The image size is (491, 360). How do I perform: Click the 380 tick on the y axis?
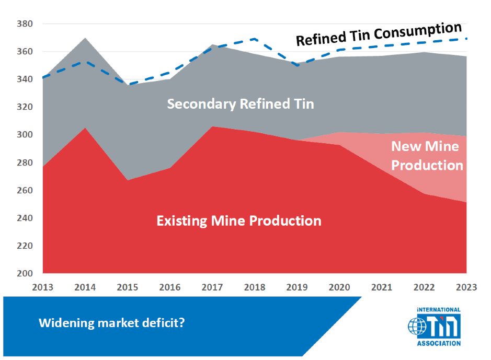(25, 24)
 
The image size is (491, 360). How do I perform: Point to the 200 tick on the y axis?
(25, 273)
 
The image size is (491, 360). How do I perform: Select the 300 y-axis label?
(25, 135)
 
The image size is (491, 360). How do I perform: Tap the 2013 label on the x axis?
(43, 287)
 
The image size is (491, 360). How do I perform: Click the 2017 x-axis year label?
(212, 287)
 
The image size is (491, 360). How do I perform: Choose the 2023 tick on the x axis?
(466, 287)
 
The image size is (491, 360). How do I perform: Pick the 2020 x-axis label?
(339, 287)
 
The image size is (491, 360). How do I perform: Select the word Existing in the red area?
(182, 221)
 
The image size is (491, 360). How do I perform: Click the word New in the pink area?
(403, 146)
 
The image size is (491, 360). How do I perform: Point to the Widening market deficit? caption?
(111, 323)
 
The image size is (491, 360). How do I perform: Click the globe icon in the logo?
(417, 327)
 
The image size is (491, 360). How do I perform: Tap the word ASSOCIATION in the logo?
(439, 343)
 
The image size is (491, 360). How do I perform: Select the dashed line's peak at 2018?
(255, 39)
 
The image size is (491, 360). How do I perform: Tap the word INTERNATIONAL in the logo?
(439, 310)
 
